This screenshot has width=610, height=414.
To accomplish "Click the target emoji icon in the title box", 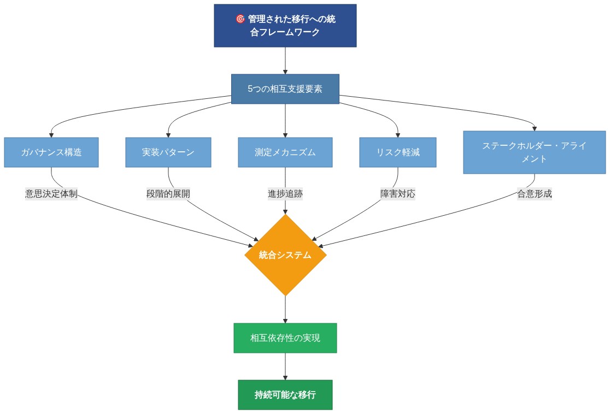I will [240, 19].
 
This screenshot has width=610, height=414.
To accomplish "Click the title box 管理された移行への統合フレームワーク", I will [285, 26].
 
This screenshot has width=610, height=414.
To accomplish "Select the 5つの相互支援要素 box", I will [285, 89].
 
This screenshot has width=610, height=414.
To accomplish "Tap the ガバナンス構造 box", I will [51, 152].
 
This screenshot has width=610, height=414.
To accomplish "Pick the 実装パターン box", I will [168, 152].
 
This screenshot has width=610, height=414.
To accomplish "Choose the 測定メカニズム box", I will [285, 152].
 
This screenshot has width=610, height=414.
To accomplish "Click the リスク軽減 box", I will [397, 152].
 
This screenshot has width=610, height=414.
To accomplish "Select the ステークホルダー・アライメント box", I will [534, 152].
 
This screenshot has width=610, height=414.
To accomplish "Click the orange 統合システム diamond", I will [285, 255].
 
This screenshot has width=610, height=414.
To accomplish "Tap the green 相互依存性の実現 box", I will [285, 338].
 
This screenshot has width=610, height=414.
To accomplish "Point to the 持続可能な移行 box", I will [285, 395].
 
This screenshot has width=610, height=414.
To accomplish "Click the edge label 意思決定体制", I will [51, 194].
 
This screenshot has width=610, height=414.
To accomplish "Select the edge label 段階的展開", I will [168, 194].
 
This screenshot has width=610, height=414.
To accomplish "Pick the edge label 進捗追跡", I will [285, 194].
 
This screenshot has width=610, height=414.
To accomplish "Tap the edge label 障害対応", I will [397, 194].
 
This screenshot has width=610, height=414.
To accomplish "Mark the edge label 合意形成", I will [534, 194].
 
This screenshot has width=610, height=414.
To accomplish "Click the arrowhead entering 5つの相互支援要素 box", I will [285, 71].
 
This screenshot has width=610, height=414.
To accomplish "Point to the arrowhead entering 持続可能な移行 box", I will [285, 377].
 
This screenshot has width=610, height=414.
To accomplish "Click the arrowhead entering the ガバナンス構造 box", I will [51, 134].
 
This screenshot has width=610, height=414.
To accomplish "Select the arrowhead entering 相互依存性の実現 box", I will [285, 320].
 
